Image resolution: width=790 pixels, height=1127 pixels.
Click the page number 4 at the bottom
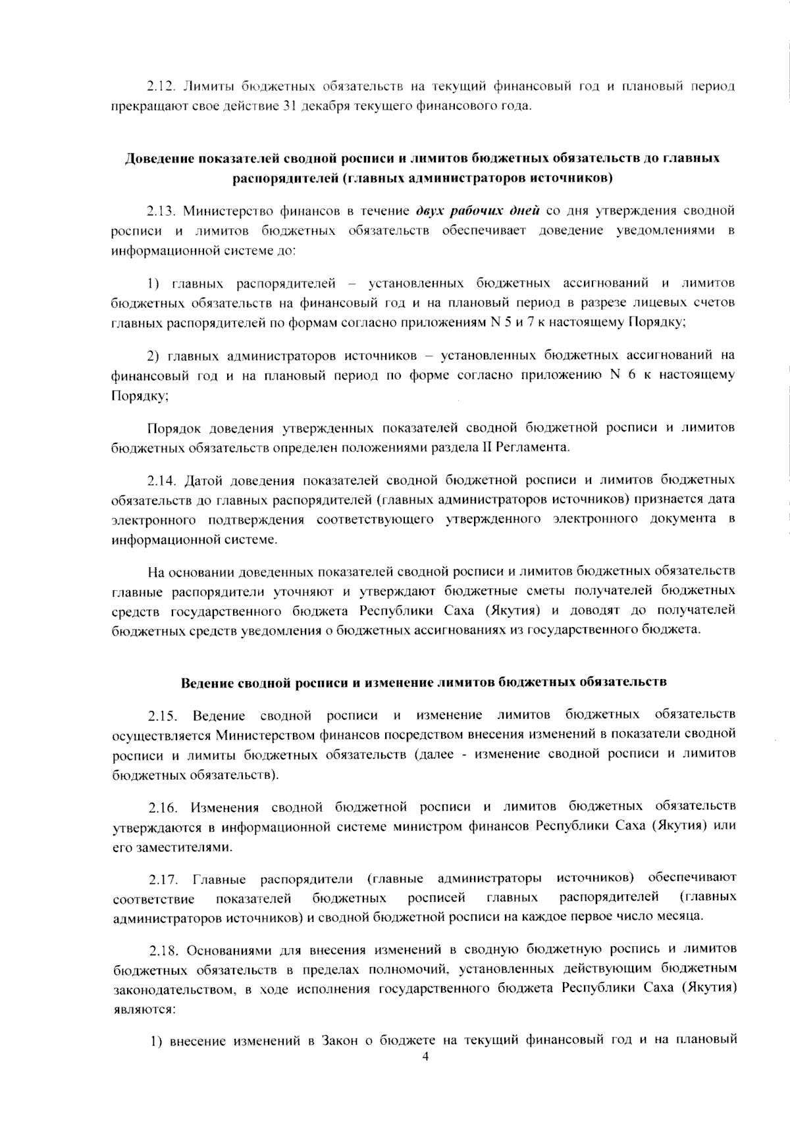425,1057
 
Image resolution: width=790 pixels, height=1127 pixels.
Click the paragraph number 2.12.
160,86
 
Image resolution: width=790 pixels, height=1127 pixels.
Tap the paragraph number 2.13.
160,211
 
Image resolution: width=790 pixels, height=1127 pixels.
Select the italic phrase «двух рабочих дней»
478,211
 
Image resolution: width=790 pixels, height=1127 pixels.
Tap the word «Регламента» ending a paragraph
537,447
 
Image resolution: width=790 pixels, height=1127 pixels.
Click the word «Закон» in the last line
338,1041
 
